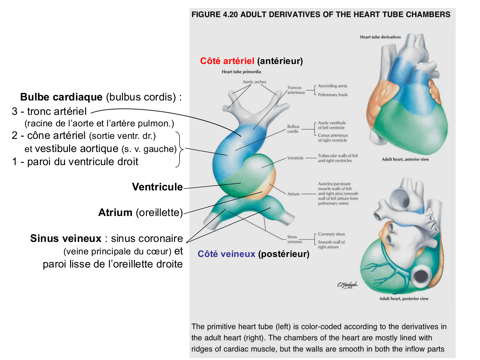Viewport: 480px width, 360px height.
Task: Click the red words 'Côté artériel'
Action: point(227,61)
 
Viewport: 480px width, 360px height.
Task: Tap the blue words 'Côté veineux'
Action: point(226,254)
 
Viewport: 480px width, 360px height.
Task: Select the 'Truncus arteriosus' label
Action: point(296,90)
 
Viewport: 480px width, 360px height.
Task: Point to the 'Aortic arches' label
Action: point(254,82)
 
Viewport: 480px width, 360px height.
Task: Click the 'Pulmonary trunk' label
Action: point(332,95)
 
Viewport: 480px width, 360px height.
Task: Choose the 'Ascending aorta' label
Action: point(332,86)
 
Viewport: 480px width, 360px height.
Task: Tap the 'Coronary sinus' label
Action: point(331,234)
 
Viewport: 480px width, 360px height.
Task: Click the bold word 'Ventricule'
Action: point(157,187)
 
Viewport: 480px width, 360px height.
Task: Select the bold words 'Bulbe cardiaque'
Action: point(61,97)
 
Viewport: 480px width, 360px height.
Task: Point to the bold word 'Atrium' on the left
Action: point(115,212)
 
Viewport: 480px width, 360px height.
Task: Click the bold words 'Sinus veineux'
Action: point(66,238)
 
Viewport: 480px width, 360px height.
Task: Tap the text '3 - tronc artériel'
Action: point(49,111)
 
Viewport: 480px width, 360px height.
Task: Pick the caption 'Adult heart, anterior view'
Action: point(405,159)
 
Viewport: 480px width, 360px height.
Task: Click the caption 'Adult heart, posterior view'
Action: point(404,299)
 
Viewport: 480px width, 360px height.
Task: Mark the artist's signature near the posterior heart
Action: point(347,285)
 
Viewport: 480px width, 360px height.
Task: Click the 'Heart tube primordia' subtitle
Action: point(241,72)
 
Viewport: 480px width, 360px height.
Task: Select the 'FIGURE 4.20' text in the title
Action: point(214,15)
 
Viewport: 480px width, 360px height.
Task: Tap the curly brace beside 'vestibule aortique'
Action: point(180,149)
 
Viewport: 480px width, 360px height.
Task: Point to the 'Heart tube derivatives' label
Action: point(380,37)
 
